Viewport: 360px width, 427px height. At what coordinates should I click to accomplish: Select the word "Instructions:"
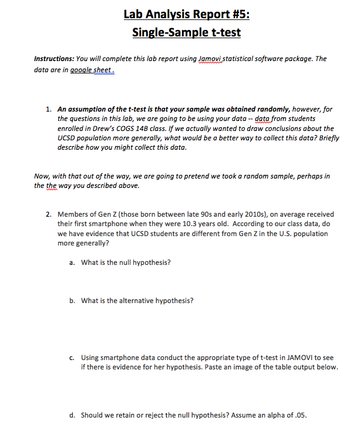(53, 59)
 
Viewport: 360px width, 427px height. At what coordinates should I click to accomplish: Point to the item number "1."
(48, 109)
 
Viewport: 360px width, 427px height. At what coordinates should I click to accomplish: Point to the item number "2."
(48, 214)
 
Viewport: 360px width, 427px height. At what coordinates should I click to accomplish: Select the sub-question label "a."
(72, 262)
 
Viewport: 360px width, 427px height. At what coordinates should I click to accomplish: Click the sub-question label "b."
(72, 301)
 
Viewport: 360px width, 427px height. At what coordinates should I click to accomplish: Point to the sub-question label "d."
(72, 415)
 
